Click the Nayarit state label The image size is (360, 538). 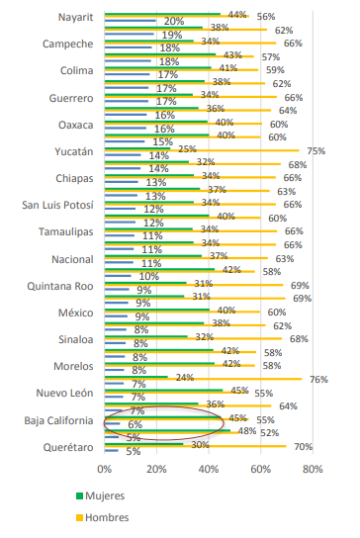coord(75,17)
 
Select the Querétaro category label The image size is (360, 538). coord(68,447)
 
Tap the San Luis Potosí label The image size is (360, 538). coord(57,205)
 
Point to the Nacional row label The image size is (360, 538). coord(72,259)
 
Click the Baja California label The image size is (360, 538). coord(58,420)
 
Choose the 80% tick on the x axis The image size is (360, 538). coord(313,469)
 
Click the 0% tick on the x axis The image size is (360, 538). coord(104,469)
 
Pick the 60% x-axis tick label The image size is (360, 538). coord(260,469)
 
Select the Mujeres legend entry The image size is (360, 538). coord(100,495)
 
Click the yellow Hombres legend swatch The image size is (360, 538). coord(80,518)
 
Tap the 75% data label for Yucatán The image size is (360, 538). coord(316,151)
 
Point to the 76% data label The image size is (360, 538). coord(318,380)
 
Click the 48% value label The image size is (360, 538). coord(247,431)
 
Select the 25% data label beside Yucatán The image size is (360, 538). coord(187,149)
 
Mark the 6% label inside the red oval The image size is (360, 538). coord(135,425)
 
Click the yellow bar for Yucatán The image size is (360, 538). coord(202,150)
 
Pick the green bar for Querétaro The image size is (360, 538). coord(143,444)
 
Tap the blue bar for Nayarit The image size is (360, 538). coord(131,20)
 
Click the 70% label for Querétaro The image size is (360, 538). coord(303,447)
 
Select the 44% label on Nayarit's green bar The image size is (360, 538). coord(237,15)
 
